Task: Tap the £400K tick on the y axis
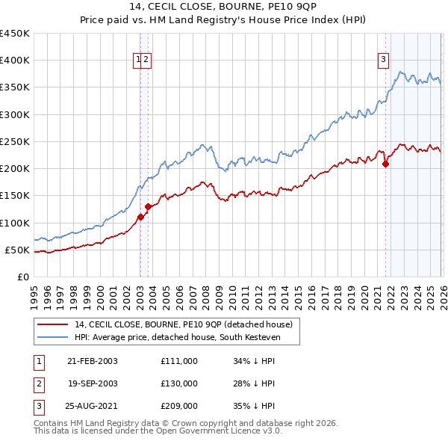15,61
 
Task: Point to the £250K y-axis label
15,141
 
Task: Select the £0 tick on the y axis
22,277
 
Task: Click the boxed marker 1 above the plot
138,61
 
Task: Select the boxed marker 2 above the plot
146,61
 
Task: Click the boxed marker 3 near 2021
383,61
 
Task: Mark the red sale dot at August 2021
386,164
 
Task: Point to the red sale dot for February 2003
140,218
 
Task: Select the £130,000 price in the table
179,383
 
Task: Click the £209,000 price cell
179,406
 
